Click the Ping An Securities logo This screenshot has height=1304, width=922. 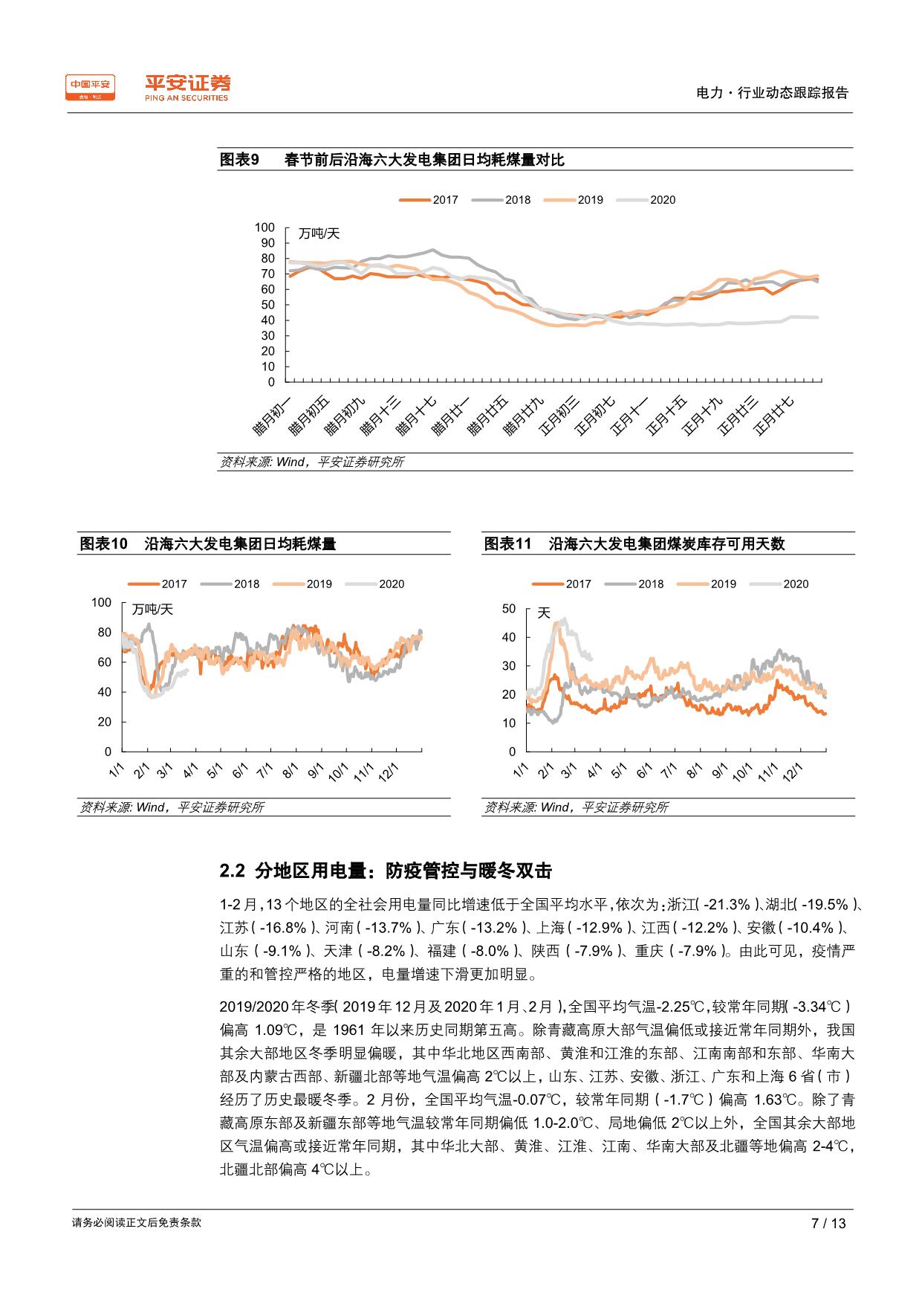tap(186, 88)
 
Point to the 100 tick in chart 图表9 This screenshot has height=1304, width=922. tap(264, 227)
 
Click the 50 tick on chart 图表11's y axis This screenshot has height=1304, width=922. tap(509, 609)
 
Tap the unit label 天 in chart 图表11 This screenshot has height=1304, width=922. tap(544, 613)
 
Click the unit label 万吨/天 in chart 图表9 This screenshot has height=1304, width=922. tap(319, 233)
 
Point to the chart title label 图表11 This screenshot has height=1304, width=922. tap(508, 544)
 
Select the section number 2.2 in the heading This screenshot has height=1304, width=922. tap(232, 871)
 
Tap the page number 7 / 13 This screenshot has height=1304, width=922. tap(828, 1223)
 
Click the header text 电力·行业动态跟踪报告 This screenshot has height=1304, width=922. tap(772, 93)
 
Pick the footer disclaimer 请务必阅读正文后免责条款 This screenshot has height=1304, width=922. tap(137, 1222)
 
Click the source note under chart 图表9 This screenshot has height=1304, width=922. tap(312, 462)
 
